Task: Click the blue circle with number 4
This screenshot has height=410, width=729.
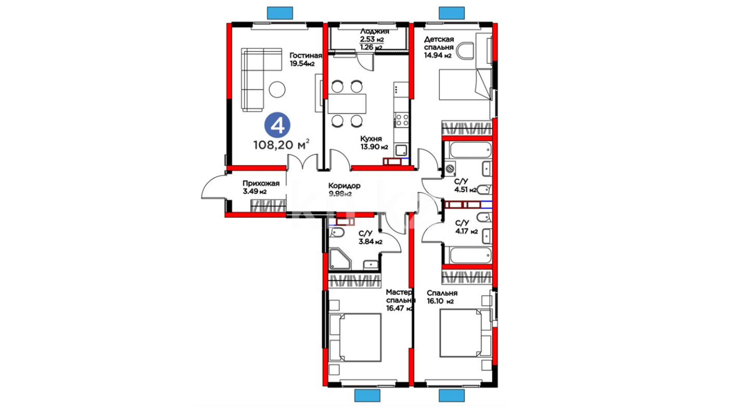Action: coord(277,125)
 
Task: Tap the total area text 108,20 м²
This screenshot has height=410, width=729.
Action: coord(281,145)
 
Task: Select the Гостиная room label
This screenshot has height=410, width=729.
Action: coord(306,55)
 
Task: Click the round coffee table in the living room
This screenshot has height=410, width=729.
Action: coord(277,90)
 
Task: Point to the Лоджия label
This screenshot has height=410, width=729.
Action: coord(374,32)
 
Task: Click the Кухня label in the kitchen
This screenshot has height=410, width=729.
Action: coord(371,139)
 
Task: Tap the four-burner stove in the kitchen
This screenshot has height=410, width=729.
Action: coord(401,120)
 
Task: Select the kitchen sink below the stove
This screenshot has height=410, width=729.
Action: coord(401,150)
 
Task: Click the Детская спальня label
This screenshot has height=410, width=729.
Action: coord(439,43)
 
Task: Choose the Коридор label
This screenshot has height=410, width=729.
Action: coord(344,186)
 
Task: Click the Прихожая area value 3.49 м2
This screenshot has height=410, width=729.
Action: coord(254,192)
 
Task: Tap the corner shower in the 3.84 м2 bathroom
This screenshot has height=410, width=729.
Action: coord(340,259)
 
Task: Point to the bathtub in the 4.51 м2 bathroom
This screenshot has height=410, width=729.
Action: coord(470,150)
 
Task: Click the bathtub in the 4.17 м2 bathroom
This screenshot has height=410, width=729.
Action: coord(470,255)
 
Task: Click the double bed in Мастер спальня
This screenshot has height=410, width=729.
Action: coord(355,337)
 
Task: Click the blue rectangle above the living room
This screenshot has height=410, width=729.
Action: coord(280,13)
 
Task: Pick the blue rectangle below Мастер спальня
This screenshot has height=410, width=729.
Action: coord(367,395)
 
